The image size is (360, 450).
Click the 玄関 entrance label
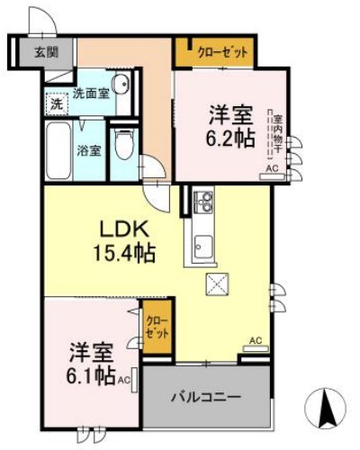(46, 51)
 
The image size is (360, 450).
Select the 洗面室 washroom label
(91, 92)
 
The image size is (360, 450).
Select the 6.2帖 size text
(232, 139)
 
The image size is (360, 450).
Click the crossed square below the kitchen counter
(218, 286)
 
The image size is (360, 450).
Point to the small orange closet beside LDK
(157, 328)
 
